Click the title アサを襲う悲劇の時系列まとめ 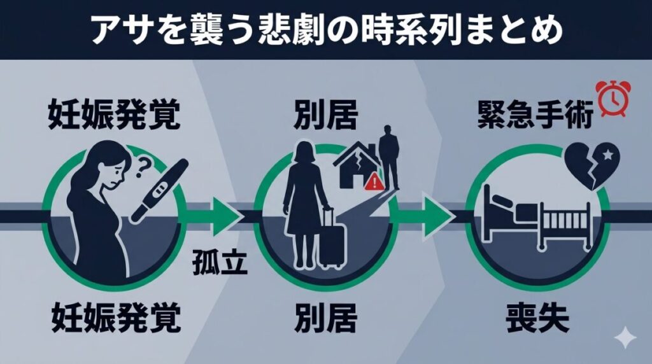tap(326, 30)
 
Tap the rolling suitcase tap(331, 237)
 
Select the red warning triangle tap(374, 183)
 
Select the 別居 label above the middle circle tap(325, 116)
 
